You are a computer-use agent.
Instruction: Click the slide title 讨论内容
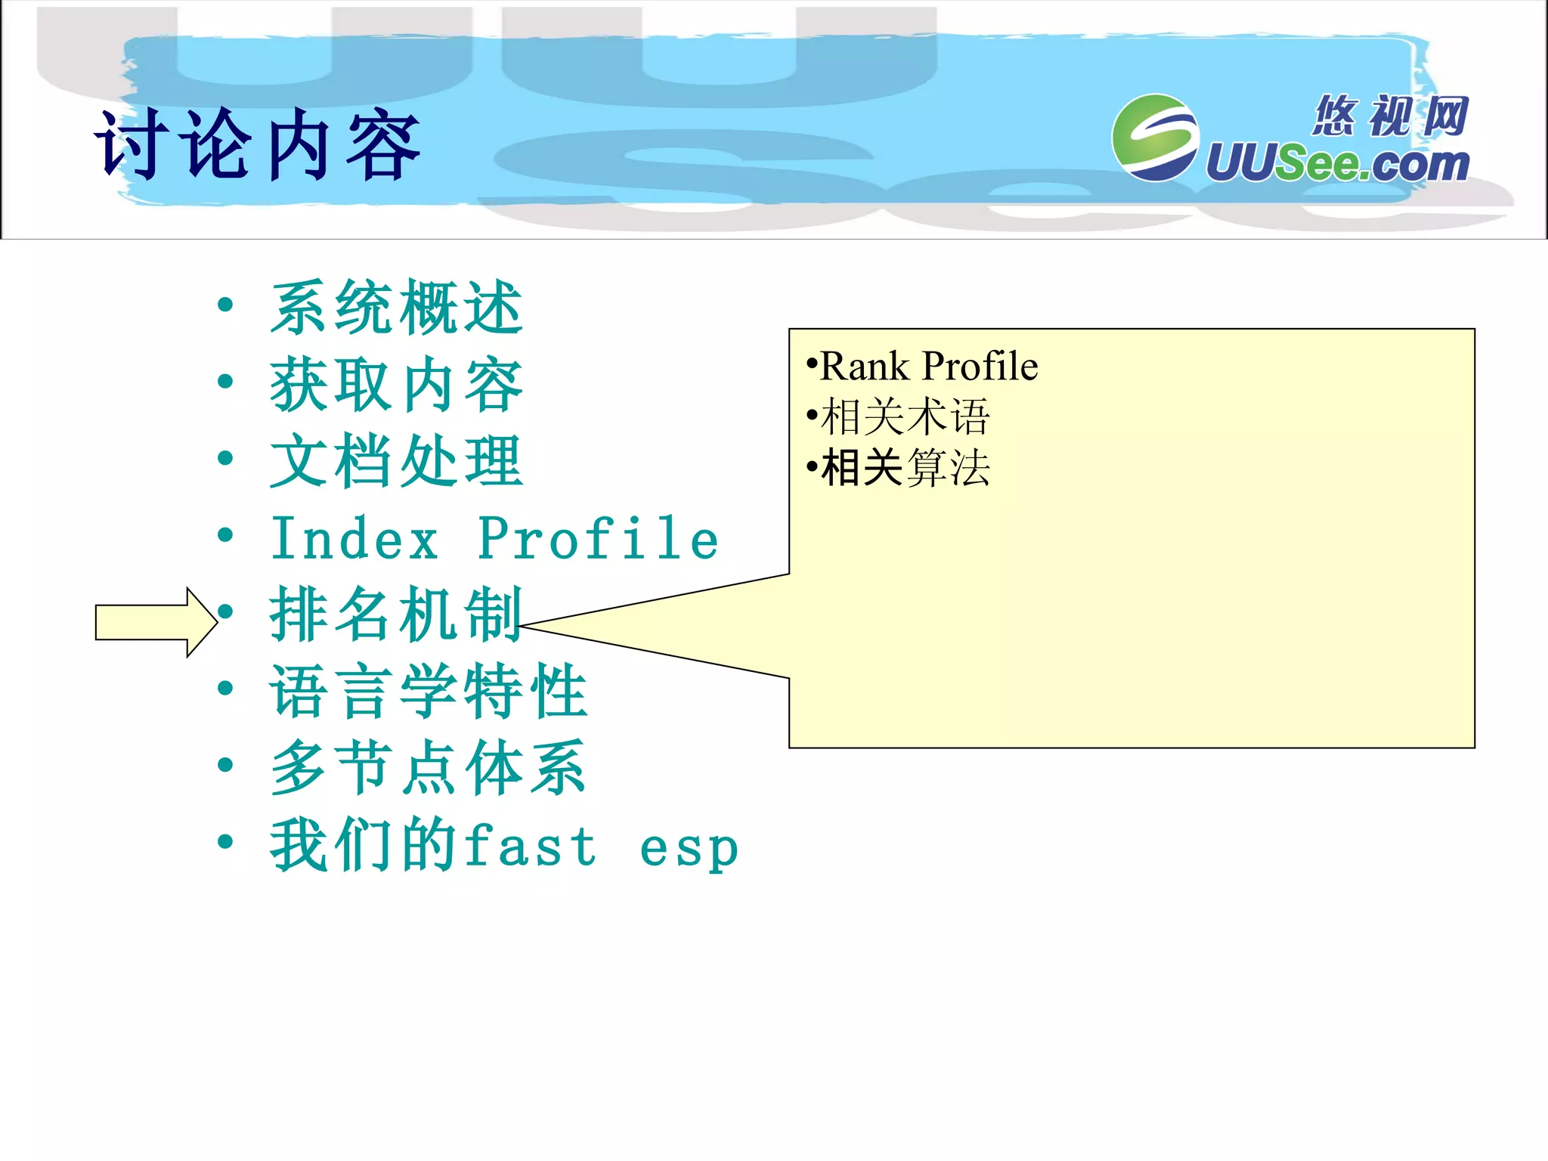coord(257,145)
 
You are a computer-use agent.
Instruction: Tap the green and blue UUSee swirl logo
coord(1155,138)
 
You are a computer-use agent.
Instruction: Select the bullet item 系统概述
coord(396,308)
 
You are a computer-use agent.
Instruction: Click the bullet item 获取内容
coord(396,385)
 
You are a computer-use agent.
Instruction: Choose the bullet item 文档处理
coord(396,461)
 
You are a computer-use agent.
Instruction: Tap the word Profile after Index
coord(598,538)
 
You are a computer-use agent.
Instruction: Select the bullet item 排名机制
coord(396,615)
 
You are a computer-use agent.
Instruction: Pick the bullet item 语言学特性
coord(428,691)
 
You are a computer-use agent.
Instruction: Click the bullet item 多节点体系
coord(428,768)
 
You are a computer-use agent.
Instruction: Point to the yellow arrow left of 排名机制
coord(156,622)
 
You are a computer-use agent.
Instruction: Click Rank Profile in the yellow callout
coord(928,367)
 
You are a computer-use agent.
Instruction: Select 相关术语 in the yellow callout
coord(905,417)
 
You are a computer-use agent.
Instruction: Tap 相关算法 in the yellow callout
coord(905,468)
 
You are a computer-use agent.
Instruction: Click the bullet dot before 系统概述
coord(224,305)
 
